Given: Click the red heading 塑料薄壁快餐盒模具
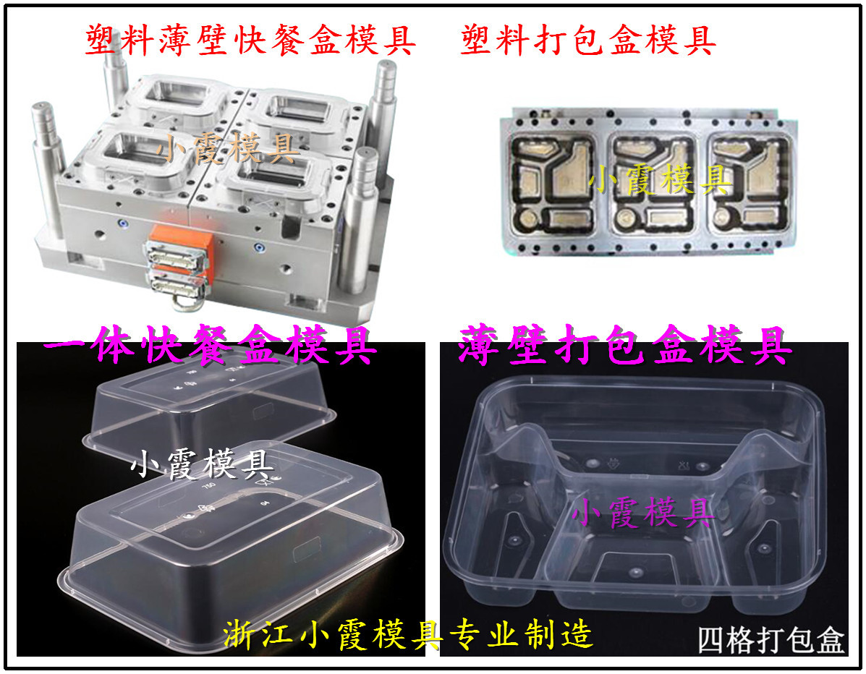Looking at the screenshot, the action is click(250, 40).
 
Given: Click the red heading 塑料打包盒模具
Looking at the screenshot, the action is click(588, 40).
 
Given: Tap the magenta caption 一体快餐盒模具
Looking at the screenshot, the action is click(210, 346).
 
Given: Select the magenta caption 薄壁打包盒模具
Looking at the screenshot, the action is click(624, 346).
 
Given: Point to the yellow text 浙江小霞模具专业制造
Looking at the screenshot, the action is click(408, 634).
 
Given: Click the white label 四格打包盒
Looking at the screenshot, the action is click(771, 640).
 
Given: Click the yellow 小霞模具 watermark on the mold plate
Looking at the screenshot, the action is click(660, 179).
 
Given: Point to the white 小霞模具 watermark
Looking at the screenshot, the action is click(202, 464).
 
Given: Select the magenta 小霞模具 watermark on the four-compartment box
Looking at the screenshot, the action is click(643, 512).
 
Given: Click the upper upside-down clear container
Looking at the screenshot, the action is click(210, 409).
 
